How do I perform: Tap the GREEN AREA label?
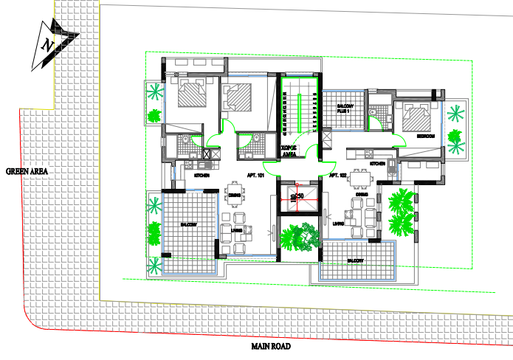(27, 171)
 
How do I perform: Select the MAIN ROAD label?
(270, 346)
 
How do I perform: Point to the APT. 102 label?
(339, 176)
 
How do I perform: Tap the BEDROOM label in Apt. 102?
(425, 136)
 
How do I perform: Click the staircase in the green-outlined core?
(299, 111)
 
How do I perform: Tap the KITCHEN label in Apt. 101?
(202, 176)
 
